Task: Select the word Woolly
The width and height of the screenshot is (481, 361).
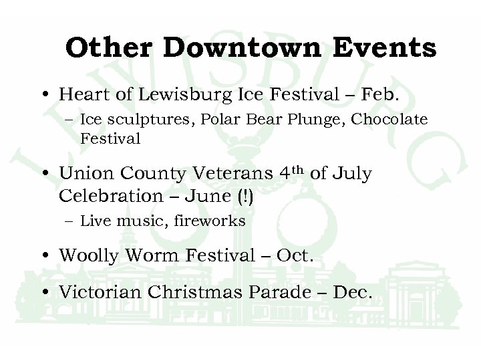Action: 84,256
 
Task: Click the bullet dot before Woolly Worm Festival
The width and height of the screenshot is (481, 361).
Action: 45,256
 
